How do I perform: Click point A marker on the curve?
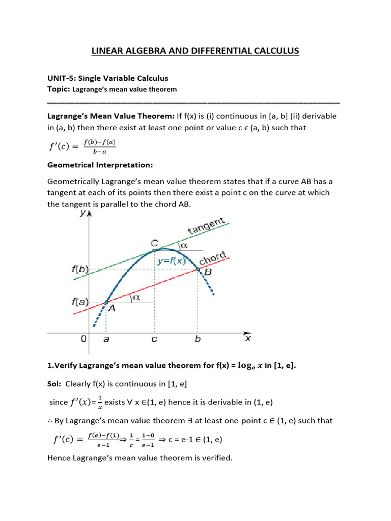pyautogui.click(x=106, y=303)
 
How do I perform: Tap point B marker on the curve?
pyautogui.click(x=198, y=269)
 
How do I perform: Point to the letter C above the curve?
pyautogui.click(x=153, y=244)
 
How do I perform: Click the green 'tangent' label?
pyautogui.click(x=206, y=226)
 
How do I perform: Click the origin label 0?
pyautogui.click(x=83, y=339)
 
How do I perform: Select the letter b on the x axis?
pyautogui.click(x=198, y=339)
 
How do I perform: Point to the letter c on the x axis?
pyautogui.click(x=154, y=339)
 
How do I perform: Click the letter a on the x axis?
pyautogui.click(x=106, y=339)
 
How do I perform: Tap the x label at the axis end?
pyautogui.click(x=248, y=338)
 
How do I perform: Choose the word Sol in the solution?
pyautogui.click(x=54, y=383)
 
